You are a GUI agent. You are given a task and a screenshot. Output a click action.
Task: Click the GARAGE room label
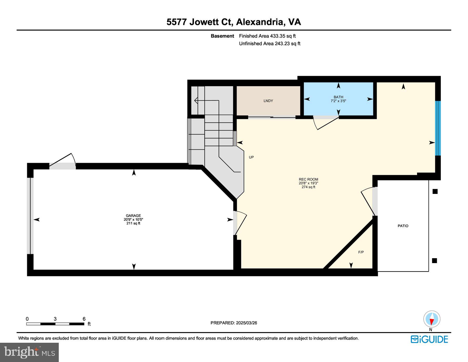click(x=133, y=216)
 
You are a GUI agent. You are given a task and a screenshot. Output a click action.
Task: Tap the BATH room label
click(x=338, y=97)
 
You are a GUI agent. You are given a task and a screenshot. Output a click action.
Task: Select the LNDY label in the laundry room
click(x=268, y=101)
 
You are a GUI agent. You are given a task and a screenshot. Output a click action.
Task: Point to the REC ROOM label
click(x=308, y=180)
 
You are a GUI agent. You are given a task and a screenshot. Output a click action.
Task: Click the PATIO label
click(x=403, y=226)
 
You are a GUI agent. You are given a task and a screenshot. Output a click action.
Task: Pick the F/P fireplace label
click(x=361, y=252)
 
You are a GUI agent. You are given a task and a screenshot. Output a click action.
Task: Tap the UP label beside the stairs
click(x=251, y=157)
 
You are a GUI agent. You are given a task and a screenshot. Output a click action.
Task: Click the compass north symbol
click(x=432, y=319)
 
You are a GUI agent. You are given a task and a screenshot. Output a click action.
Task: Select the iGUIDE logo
click(x=429, y=339)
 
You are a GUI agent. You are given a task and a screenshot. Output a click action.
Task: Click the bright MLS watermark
click(x=29, y=352)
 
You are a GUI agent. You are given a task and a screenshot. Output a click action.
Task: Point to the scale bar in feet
click(x=55, y=324)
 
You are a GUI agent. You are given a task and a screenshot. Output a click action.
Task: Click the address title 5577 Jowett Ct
click(x=233, y=22)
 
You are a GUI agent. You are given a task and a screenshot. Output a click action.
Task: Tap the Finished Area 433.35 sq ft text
click(x=267, y=36)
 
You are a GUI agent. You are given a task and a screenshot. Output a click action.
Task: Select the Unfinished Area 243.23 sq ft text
click(x=270, y=44)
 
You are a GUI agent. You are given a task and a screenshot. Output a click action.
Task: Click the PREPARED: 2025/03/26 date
click(x=233, y=323)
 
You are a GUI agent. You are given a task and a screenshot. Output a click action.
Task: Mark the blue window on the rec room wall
click(x=438, y=128)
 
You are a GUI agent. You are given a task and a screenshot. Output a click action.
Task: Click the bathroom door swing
click(x=326, y=122)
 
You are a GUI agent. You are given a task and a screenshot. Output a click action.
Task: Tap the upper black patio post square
click(x=435, y=192)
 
